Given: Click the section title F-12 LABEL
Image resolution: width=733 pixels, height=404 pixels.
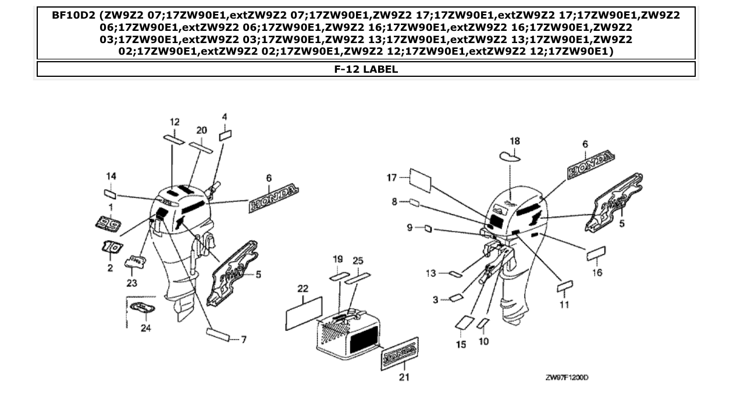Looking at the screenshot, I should (366, 69).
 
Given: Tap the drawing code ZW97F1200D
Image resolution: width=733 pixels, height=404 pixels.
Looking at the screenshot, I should (567, 377).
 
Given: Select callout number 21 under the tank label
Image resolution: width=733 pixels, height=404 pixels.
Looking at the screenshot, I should (403, 377).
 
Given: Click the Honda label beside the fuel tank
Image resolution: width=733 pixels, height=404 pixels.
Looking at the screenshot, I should (400, 352).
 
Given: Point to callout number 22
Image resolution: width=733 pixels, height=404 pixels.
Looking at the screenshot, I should (303, 289).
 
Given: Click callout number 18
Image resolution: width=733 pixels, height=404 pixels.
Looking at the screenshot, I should (515, 141).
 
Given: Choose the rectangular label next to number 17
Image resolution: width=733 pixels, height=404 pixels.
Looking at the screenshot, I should (420, 180).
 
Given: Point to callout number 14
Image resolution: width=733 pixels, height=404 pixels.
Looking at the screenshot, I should (111, 176).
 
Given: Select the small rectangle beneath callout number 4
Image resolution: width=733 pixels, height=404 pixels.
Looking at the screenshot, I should (225, 136).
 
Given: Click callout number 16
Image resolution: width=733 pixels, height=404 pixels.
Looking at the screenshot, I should (597, 272).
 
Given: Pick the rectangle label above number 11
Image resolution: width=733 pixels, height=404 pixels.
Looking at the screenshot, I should (565, 288).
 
